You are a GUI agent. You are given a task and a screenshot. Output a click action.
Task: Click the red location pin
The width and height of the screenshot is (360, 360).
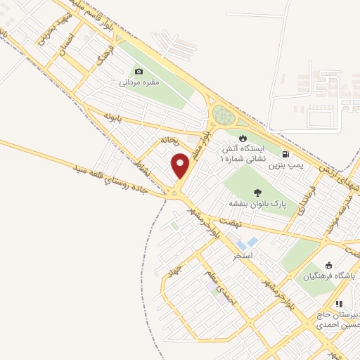[x=181, y=167]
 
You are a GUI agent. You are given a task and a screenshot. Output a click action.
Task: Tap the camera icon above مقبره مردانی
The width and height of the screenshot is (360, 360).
[x=139, y=71]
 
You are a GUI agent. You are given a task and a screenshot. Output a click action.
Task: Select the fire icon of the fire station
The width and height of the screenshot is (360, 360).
[x=243, y=137]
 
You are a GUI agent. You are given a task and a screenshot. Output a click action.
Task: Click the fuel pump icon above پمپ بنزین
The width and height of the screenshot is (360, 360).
[x=285, y=154]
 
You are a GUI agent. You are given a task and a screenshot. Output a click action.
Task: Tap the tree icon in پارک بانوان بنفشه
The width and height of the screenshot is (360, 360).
[x=257, y=192]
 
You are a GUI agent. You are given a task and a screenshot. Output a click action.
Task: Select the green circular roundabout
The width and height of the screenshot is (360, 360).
[x=224, y=115]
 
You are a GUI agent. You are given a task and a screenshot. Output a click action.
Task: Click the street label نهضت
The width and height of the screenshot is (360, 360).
[x=229, y=220]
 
